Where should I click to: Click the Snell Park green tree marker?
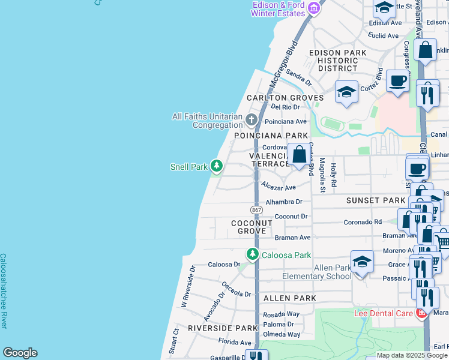(x=216, y=167)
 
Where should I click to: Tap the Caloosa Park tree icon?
(x=253, y=255)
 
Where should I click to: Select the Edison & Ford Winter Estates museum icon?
(x=313, y=8)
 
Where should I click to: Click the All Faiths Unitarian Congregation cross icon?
(x=252, y=121)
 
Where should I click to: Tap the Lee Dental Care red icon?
(x=422, y=313)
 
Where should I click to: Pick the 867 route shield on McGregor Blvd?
(x=256, y=209)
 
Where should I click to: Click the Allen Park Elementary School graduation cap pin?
(x=362, y=262)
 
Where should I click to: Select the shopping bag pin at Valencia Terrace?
(x=299, y=155)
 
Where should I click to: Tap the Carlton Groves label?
(x=285, y=98)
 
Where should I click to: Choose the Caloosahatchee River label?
(x=3, y=290)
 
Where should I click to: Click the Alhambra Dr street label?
(x=284, y=202)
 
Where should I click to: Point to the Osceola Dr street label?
(x=236, y=289)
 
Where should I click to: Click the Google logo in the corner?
(x=20, y=353)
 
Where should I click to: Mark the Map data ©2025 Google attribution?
(x=412, y=356)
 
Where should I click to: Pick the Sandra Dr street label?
(x=298, y=77)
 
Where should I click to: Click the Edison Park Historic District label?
(x=337, y=61)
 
